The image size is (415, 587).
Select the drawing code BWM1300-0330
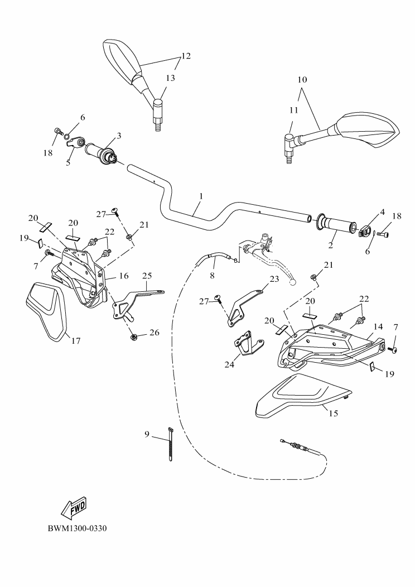(x=76, y=528)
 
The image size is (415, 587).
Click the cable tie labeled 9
(x=169, y=443)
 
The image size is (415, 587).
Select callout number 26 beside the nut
(x=153, y=333)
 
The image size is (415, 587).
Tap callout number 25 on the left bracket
(x=147, y=275)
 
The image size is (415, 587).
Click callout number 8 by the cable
(x=213, y=275)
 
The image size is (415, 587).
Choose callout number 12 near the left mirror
(x=186, y=56)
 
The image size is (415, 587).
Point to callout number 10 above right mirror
(x=302, y=80)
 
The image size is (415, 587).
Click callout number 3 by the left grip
(x=119, y=136)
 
